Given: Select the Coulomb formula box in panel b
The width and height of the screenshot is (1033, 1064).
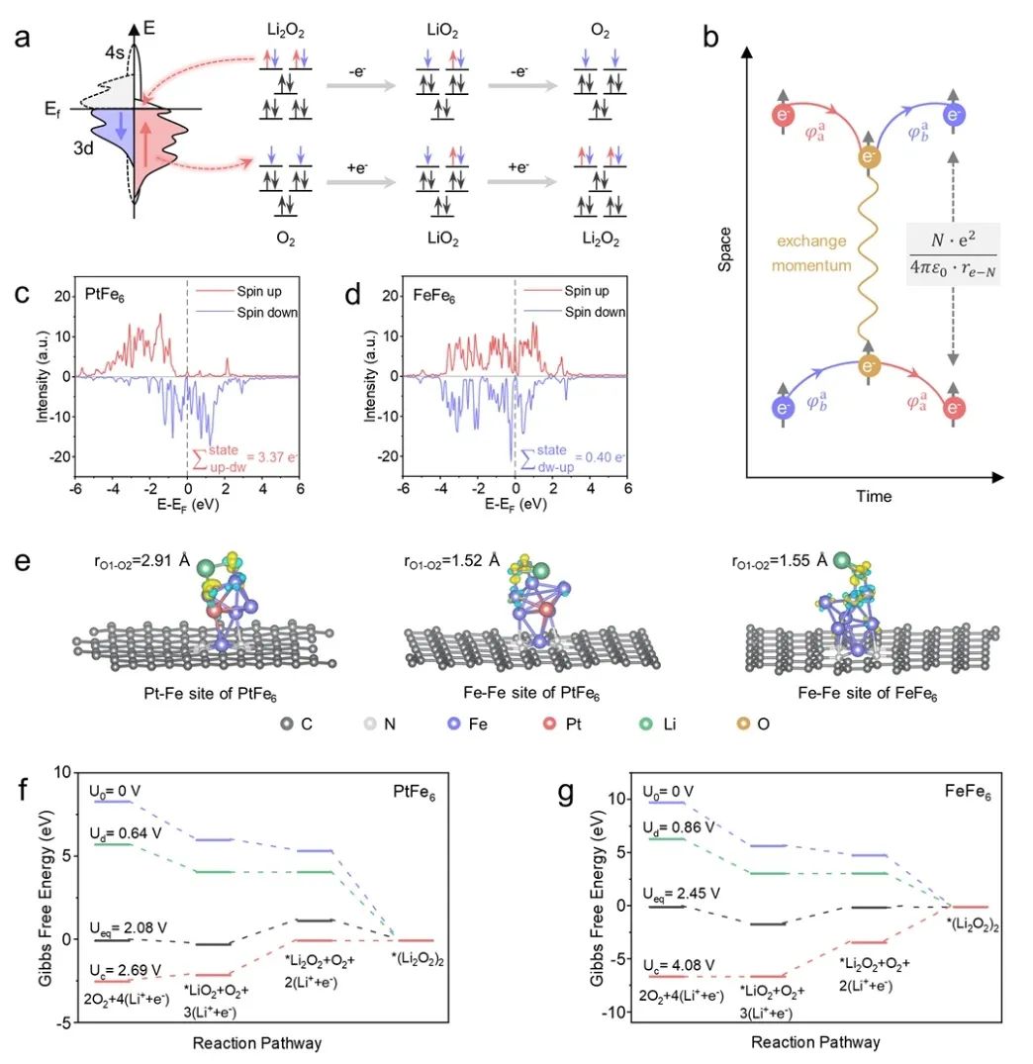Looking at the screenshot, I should pos(953,255).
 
